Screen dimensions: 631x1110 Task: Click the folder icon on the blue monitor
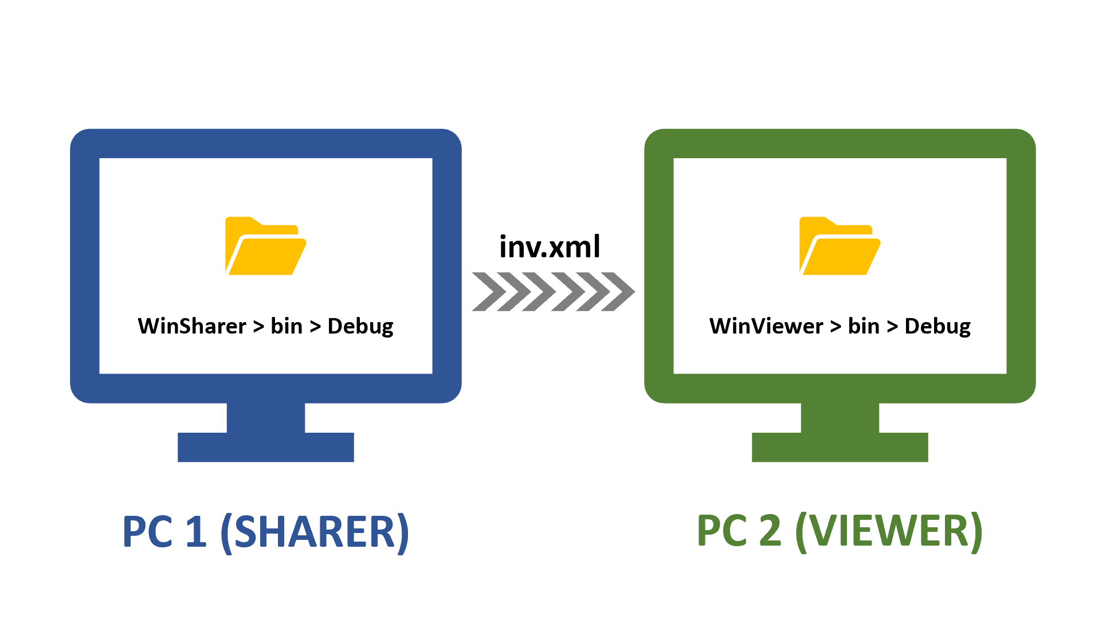click(265, 246)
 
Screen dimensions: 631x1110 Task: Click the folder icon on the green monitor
click(840, 246)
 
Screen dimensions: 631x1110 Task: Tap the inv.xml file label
click(550, 247)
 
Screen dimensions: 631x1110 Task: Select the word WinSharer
click(192, 326)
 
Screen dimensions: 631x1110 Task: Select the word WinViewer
click(766, 326)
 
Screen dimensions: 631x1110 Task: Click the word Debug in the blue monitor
click(360, 327)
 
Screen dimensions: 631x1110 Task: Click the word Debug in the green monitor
click(938, 327)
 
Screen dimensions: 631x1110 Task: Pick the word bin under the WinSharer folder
click(287, 326)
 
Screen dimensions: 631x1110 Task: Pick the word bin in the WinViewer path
click(864, 326)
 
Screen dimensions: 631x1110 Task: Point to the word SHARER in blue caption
click(315, 532)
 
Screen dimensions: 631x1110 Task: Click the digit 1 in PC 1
click(197, 532)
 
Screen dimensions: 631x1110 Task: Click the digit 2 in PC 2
click(770, 532)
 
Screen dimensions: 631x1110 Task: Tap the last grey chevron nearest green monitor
click(619, 292)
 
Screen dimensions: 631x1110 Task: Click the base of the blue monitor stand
click(265, 447)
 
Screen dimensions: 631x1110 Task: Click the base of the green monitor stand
click(840, 447)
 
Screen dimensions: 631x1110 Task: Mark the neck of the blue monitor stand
click(265, 417)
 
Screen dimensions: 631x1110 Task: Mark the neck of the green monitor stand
click(840, 417)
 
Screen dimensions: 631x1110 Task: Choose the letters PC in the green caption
click(721, 532)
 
